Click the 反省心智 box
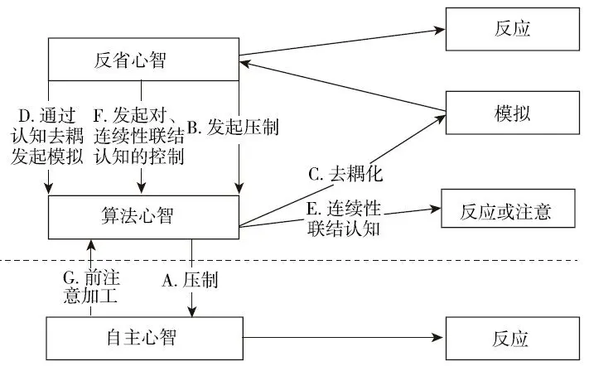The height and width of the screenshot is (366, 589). tap(142, 60)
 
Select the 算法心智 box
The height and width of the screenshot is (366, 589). tap(142, 217)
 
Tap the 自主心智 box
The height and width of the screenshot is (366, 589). tap(142, 337)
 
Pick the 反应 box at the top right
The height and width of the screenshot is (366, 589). tap(506, 29)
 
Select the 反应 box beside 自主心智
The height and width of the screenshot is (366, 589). tap(506, 338)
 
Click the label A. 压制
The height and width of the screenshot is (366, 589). tap(190, 281)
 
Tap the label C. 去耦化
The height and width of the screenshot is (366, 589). tap(340, 175)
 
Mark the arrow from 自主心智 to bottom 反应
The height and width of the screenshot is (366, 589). tap(340, 338)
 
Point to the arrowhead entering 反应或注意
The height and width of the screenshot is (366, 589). tap(437, 211)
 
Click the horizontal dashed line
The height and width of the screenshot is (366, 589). tap(373, 261)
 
